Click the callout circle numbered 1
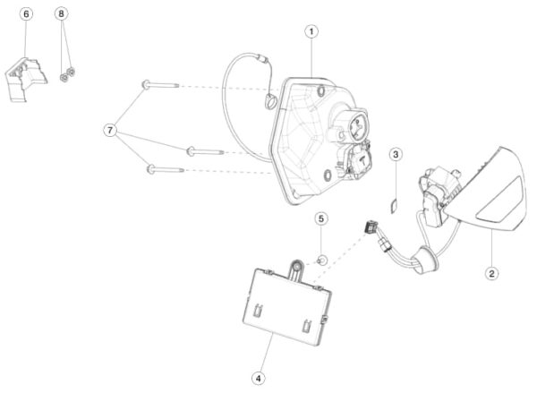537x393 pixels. [311, 32]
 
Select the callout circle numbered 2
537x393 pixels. [491, 273]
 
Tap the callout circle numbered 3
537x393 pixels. [396, 155]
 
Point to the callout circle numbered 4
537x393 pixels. [259, 379]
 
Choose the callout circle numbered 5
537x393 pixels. [321, 218]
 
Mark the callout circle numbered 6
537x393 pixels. [26, 14]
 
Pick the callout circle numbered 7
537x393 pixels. [110, 131]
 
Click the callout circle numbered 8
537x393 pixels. [62, 13]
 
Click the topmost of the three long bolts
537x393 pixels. [160, 85]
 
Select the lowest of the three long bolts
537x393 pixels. [166, 169]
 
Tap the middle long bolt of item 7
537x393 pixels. [205, 151]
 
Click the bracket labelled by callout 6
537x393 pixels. [26, 80]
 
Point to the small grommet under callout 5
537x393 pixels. [322, 261]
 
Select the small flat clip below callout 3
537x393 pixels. [394, 206]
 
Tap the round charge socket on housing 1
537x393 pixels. [356, 128]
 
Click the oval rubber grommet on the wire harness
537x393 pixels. [424, 260]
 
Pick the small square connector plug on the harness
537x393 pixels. [371, 226]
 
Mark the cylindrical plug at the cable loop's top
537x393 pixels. [264, 60]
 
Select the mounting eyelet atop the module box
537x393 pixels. [296, 266]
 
